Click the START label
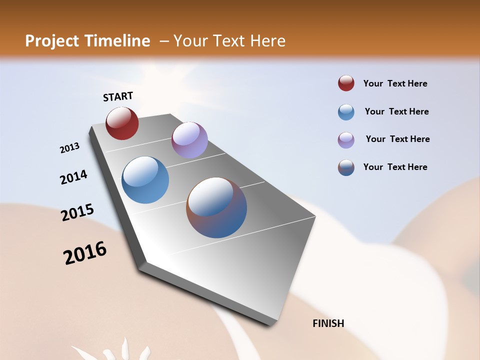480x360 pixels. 118,96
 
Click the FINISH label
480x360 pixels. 328,323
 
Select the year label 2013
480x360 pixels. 69,148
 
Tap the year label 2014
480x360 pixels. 73,177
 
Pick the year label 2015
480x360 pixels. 77,212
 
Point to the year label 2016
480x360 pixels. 85,253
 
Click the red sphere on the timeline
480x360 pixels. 122,123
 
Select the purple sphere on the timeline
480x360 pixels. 189,140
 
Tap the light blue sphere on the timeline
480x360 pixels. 145,180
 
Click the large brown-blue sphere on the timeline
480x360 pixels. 216,207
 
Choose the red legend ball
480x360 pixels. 346,83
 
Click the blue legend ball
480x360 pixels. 346,111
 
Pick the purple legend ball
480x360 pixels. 346,139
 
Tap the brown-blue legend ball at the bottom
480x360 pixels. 346,167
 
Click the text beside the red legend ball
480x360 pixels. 395,83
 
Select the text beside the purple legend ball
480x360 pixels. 397,139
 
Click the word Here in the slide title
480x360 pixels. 267,41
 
